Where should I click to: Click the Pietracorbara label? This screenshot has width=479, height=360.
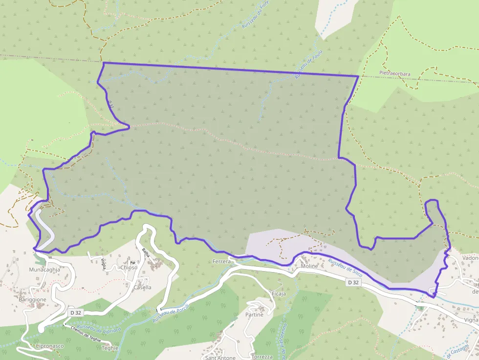pos(394,74)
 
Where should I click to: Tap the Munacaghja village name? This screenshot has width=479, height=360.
pos(44,269)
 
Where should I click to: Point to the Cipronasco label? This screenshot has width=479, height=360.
pos(50,346)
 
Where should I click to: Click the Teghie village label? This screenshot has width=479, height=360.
pos(110,348)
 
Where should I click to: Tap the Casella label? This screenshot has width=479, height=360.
pos(142,287)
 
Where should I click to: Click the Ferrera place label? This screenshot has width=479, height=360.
pos(221,262)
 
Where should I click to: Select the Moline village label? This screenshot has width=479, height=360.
pos(309,266)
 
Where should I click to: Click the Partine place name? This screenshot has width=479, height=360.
pos(254,315)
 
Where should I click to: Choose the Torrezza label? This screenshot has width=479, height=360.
pos(262,357)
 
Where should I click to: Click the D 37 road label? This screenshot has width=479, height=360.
pos(111,104)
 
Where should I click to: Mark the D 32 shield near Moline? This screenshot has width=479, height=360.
pos(354,282)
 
